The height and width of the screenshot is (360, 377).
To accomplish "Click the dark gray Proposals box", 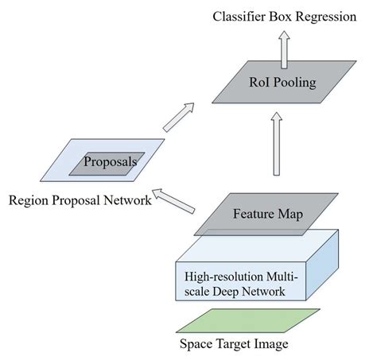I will coord(111,162).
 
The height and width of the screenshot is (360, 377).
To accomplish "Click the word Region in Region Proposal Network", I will coord(27,200).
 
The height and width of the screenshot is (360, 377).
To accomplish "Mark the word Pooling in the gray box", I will coord(291,82).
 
